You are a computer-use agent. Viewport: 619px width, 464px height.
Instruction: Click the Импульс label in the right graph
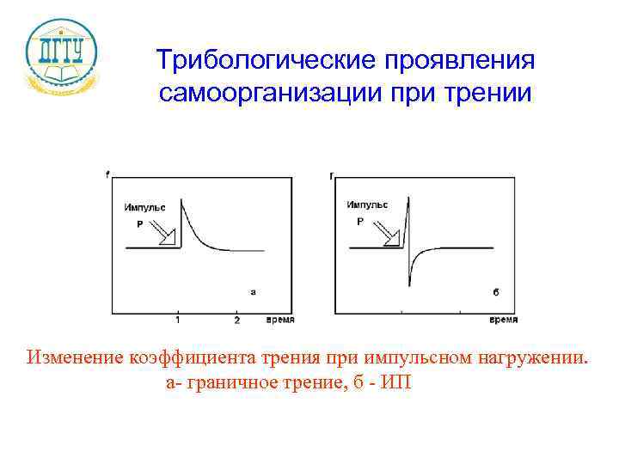point(367,205)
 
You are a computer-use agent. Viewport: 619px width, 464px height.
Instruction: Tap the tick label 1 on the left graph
point(177,321)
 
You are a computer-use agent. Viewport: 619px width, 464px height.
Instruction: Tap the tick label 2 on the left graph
point(236,321)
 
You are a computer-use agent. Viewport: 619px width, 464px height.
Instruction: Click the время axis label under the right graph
point(503,320)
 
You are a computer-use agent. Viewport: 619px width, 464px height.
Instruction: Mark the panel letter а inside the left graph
point(253,292)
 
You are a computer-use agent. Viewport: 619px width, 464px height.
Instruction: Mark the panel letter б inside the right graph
point(495,292)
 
